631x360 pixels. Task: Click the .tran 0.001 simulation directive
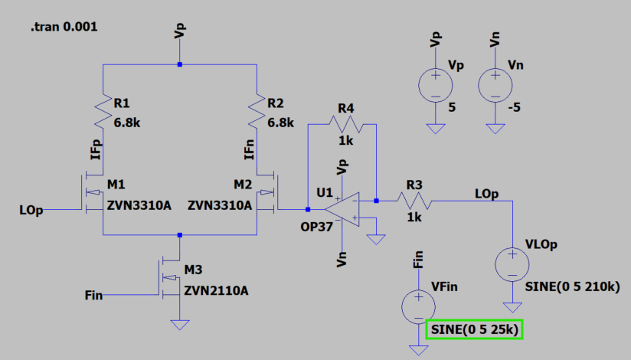(64, 27)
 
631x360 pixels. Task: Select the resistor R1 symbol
(103, 113)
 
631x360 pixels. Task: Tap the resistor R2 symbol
(257, 113)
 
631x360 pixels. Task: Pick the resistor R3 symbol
(414, 201)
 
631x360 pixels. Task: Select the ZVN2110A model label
(216, 291)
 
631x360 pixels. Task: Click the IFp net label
(94, 151)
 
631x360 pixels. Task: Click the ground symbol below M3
(179, 325)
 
